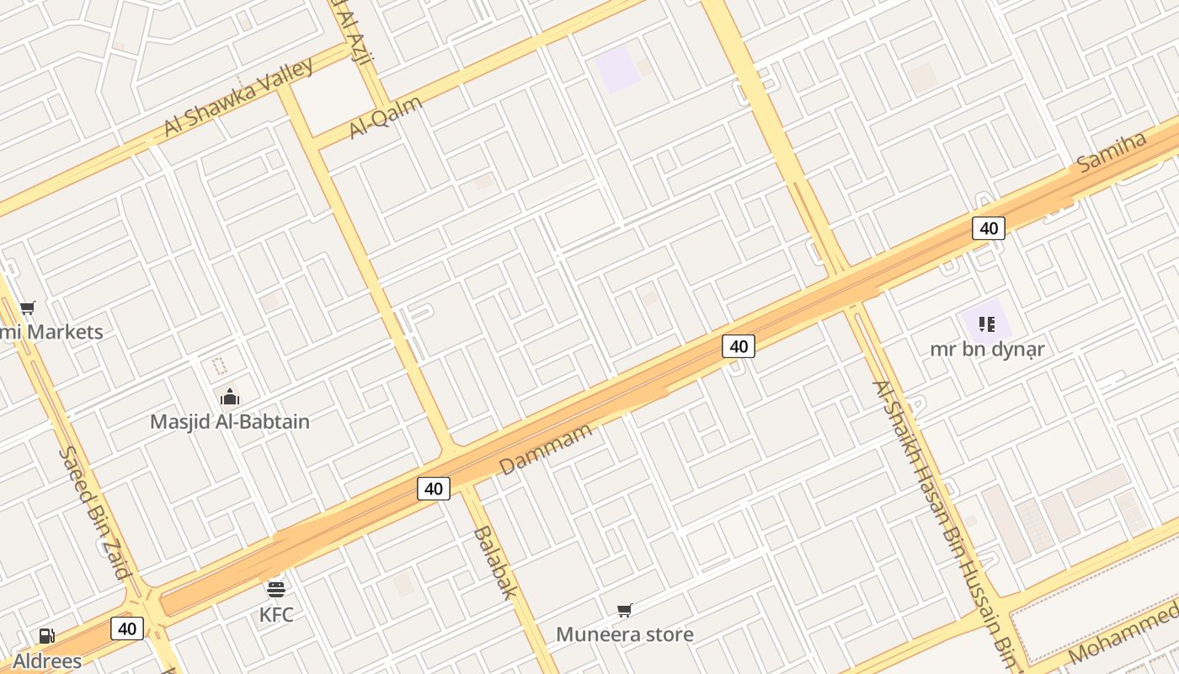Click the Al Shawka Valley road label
click(x=238, y=97)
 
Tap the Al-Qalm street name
click(x=385, y=117)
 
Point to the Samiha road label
click(x=1112, y=151)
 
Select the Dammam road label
click(x=545, y=450)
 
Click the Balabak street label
click(x=494, y=562)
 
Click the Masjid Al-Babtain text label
click(x=230, y=421)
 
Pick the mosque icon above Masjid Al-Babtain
click(x=230, y=397)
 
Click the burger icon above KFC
click(x=276, y=588)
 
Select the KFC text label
click(x=276, y=615)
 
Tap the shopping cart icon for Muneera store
click(x=624, y=610)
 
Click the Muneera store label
click(x=625, y=634)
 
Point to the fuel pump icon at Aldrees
click(x=47, y=636)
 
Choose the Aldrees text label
click(x=47, y=661)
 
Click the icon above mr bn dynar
click(x=987, y=324)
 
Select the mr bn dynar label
click(x=987, y=349)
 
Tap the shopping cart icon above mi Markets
click(x=28, y=308)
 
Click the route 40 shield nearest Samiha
click(x=989, y=228)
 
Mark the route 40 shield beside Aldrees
click(x=127, y=629)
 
